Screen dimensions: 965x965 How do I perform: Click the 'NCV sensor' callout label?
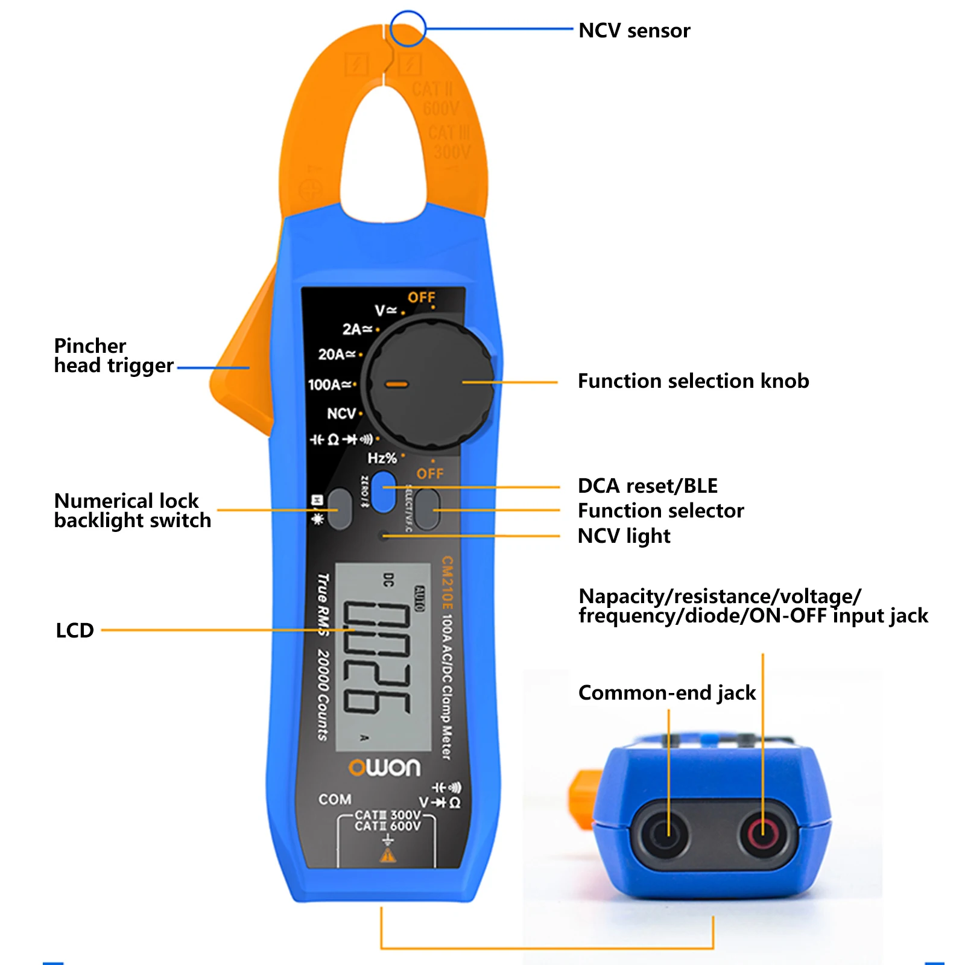[634, 30]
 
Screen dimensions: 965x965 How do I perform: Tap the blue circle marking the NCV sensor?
[408, 28]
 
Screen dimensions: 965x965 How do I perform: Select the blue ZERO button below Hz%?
[383, 492]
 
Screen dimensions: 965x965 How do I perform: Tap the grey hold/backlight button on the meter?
[340, 509]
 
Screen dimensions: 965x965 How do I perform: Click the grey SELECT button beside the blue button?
[428, 509]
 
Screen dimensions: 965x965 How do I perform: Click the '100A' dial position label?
[329, 384]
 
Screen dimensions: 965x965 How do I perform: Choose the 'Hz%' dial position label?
[382, 458]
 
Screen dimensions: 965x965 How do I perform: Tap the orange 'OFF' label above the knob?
[421, 297]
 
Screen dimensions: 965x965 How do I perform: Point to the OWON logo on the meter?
[384, 767]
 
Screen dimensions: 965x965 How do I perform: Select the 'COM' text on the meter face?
[335, 799]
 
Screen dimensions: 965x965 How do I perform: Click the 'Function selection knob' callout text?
[693, 381]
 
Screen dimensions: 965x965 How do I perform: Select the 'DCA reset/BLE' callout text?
[647, 486]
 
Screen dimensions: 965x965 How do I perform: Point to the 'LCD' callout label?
[75, 630]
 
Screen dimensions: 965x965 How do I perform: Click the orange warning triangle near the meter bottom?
[388, 855]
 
